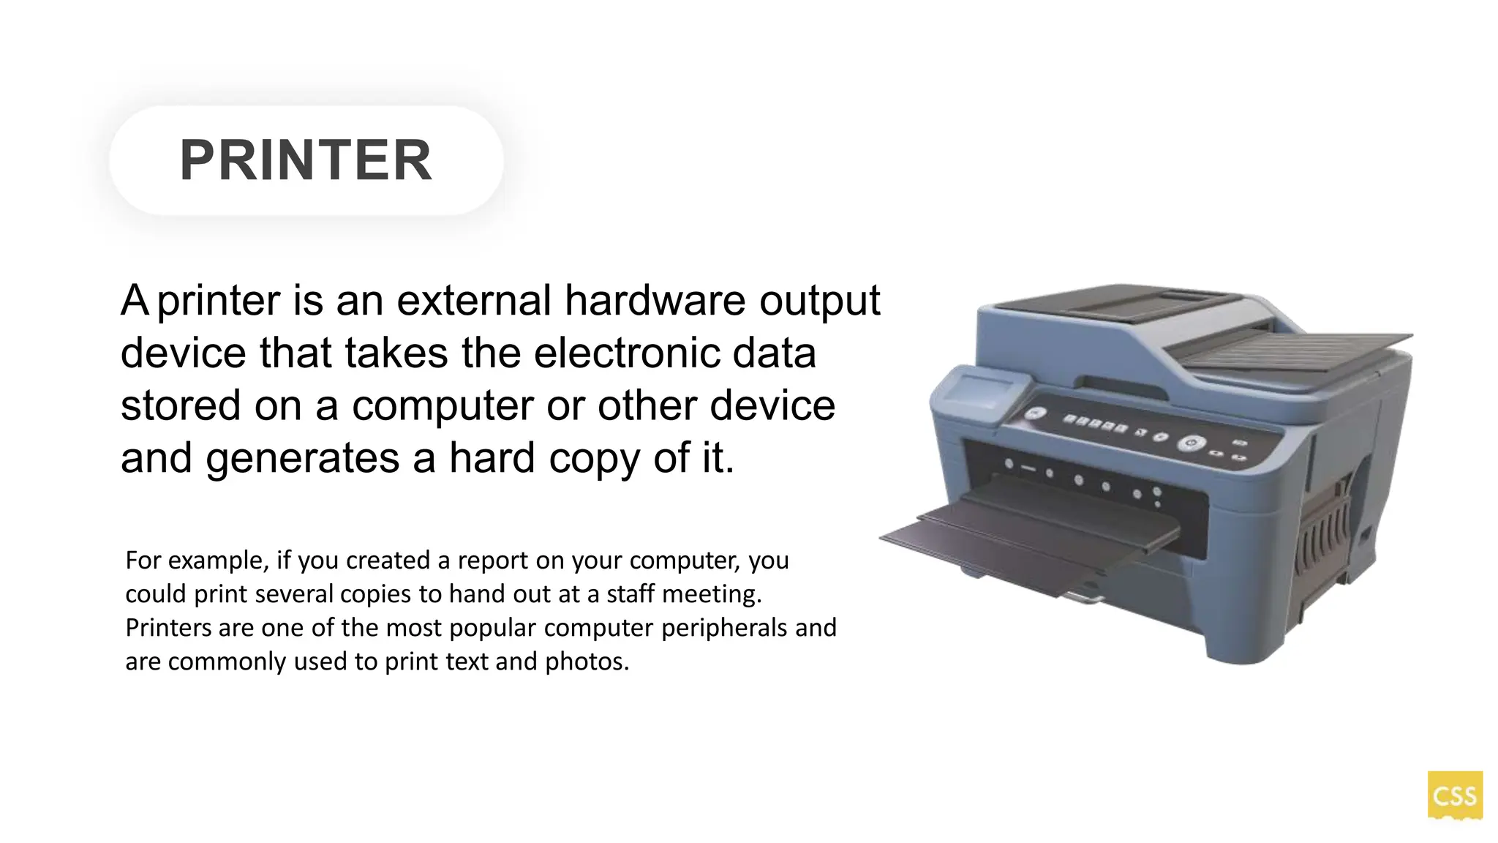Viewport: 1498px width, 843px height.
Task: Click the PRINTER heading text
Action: [x=306, y=160]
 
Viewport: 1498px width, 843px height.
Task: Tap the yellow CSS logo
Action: [x=1454, y=795]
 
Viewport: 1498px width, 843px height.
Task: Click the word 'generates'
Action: [x=302, y=459]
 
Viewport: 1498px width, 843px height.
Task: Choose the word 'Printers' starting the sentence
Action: [x=168, y=628]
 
